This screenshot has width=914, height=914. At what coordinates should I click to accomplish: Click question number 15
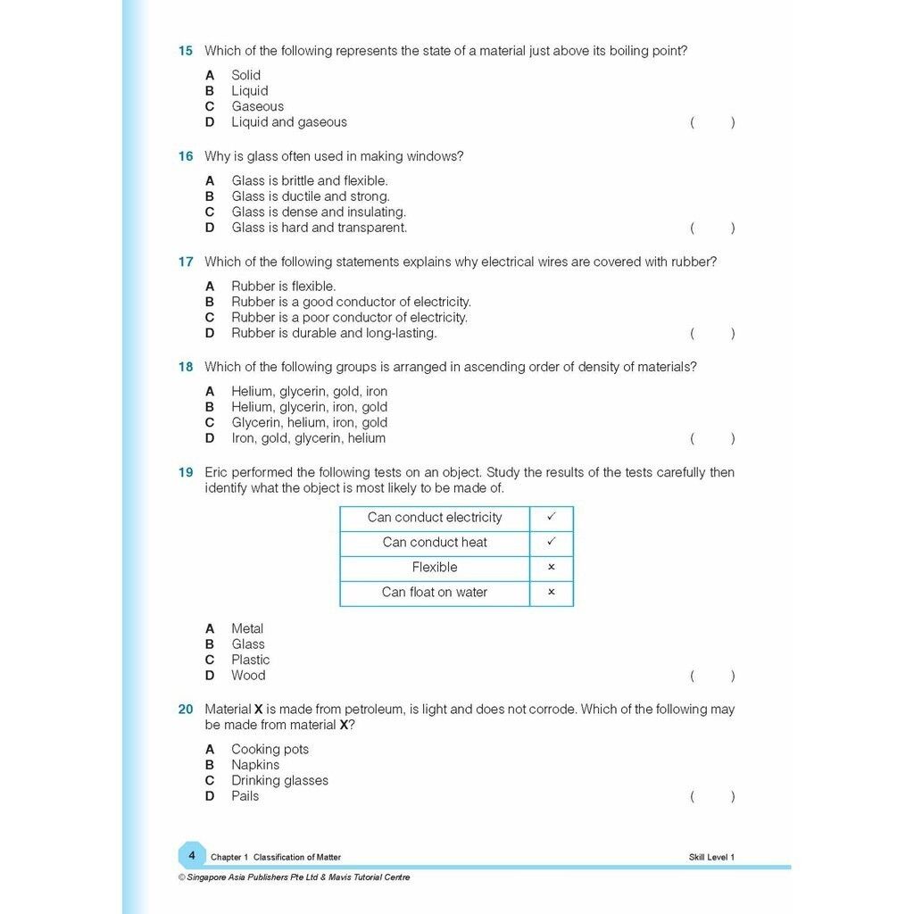[185, 51]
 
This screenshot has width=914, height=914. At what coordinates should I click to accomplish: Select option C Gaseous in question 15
[257, 106]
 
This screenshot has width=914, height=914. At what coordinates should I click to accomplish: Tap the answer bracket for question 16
[712, 228]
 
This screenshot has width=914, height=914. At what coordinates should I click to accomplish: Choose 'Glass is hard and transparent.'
[319, 228]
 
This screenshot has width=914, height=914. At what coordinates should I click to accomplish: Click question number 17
[185, 262]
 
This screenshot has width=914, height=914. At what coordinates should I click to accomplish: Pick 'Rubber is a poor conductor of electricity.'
[349, 318]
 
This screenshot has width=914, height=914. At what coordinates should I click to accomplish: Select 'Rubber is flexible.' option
[283, 287]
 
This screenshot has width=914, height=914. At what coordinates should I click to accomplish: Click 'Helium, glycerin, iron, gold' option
[309, 407]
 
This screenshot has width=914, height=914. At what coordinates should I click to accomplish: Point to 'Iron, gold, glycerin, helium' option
[308, 438]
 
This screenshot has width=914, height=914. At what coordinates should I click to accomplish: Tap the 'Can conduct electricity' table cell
[435, 518]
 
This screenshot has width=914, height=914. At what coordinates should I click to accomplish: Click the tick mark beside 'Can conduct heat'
[551, 542]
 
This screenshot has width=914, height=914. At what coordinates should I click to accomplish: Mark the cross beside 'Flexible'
[551, 567]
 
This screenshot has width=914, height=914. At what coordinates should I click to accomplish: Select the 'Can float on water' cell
[435, 592]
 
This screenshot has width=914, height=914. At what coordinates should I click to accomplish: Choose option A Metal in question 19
[246, 628]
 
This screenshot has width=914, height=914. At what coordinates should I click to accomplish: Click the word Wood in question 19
[248, 676]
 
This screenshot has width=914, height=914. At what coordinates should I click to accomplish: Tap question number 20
[185, 710]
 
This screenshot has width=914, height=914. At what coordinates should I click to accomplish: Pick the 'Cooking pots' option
[270, 749]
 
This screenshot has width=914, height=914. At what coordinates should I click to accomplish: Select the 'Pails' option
[245, 796]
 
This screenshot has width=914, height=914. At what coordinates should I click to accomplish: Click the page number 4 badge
[191, 855]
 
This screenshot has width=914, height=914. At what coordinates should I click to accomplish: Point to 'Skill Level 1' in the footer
[711, 858]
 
